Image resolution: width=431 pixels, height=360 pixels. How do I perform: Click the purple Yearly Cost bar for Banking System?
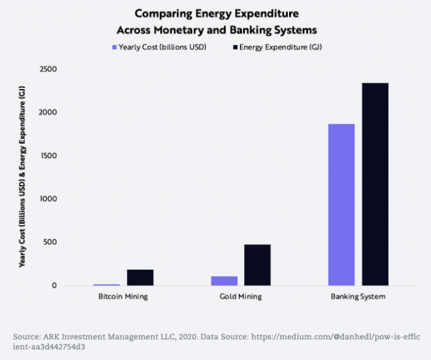[x=341, y=205]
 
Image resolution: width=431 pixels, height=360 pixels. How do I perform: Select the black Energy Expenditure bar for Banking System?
[x=375, y=184]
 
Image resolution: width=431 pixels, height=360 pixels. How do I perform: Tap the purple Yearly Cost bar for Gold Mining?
[x=224, y=280]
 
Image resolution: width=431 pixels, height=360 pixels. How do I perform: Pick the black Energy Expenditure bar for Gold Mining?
[x=257, y=265]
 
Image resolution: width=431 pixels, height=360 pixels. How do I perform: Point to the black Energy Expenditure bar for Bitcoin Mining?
[x=140, y=277]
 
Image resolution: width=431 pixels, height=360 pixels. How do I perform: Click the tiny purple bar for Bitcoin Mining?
[x=107, y=285]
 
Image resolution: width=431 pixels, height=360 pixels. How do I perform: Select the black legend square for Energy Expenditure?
[x=235, y=47]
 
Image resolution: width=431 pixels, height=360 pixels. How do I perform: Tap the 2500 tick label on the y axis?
[x=48, y=69]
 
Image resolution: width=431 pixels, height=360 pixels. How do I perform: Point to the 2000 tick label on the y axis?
[x=48, y=112]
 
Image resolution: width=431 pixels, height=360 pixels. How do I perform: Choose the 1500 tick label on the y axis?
[x=48, y=156]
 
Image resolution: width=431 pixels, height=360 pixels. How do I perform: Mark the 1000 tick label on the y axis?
[x=48, y=199]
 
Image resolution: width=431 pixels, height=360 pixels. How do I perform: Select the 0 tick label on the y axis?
[x=54, y=286]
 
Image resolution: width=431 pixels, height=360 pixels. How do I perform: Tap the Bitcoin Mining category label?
[x=123, y=297]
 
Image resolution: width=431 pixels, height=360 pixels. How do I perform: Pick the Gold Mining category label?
[x=241, y=297]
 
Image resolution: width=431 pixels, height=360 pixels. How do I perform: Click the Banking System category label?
[x=358, y=297]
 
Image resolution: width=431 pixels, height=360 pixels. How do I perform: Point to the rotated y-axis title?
[x=22, y=177]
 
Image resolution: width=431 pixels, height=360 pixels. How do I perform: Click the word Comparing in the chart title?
[x=162, y=13]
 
